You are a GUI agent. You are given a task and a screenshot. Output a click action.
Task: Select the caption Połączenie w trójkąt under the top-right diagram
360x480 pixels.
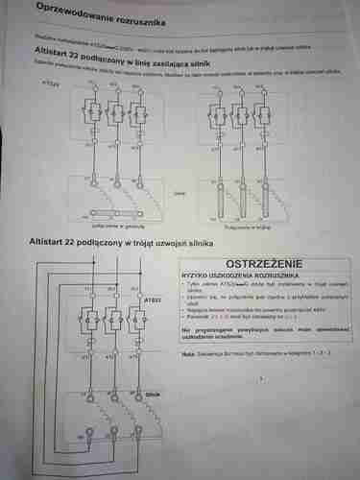pyautogui.click(x=241, y=228)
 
